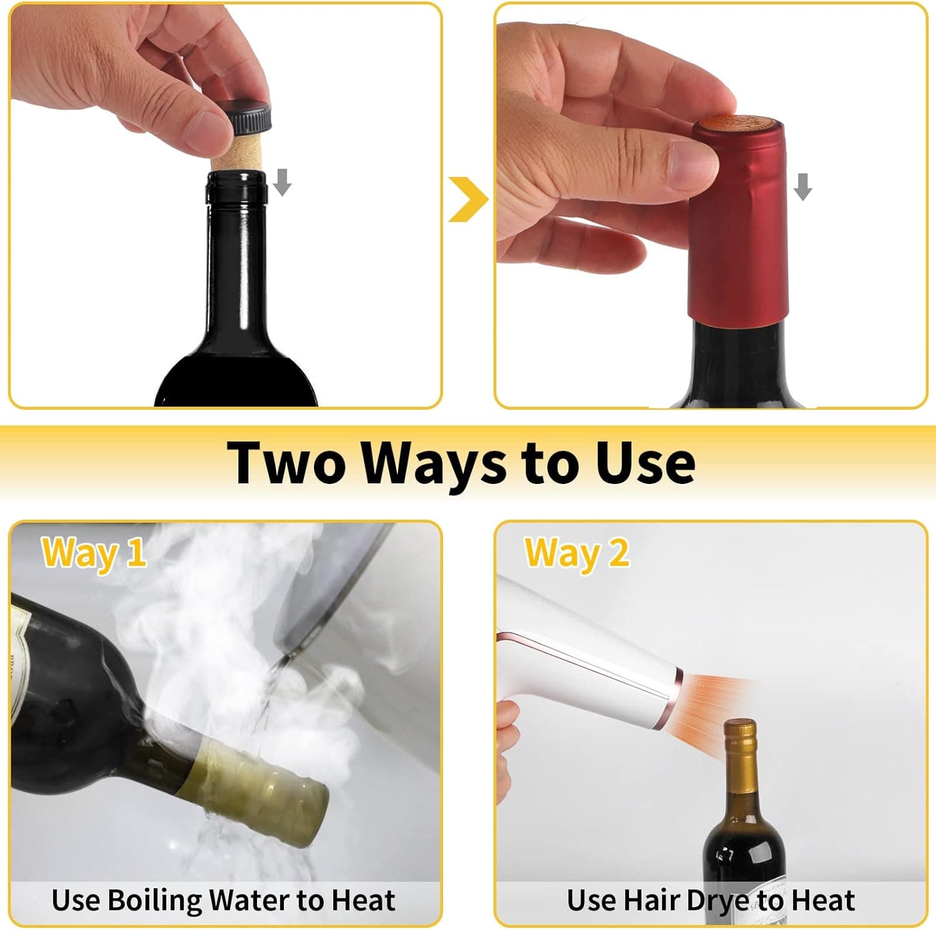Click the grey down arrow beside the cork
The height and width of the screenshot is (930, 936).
[282, 182]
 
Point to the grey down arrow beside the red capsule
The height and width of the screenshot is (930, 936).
[803, 186]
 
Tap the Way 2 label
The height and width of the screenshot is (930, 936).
[577, 553]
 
